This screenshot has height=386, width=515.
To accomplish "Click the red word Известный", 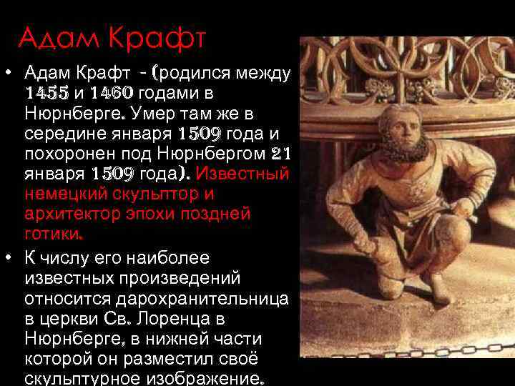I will (x=242, y=174).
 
